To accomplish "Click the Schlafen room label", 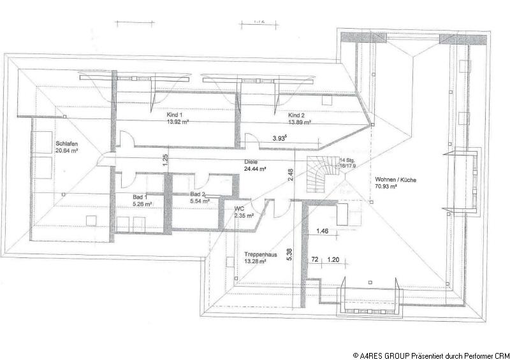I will [66, 143].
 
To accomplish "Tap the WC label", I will [240, 208].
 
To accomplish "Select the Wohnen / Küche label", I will [396, 180].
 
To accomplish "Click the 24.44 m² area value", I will [255, 169].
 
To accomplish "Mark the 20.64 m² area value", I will [66, 152].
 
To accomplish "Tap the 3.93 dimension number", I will [279, 138].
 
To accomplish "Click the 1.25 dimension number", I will [164, 160].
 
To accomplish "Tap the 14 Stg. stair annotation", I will [347, 161].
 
